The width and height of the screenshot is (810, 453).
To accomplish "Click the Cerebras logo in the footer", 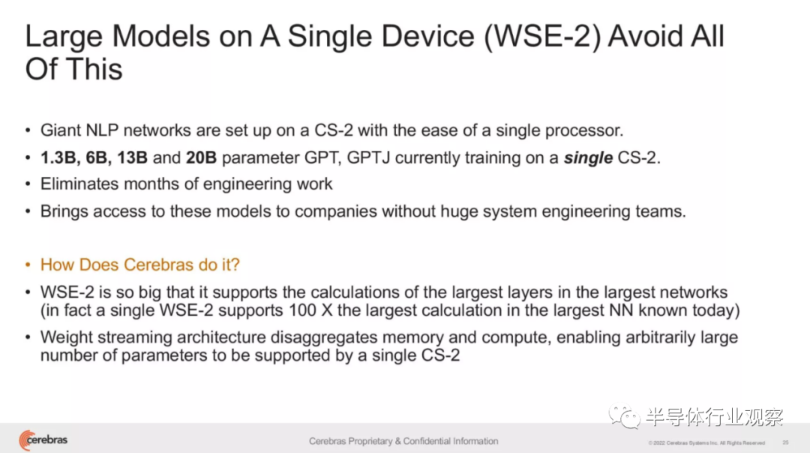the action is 43,440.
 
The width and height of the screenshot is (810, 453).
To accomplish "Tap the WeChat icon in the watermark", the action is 624,415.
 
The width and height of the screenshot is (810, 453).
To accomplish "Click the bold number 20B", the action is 201,157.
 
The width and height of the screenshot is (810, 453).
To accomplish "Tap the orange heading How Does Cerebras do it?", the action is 140,265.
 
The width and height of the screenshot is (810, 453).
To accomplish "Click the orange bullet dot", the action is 28,265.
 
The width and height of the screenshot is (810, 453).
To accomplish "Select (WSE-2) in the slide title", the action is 542,36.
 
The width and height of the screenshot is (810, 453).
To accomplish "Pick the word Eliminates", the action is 79,184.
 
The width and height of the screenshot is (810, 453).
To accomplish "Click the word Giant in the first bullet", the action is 61,130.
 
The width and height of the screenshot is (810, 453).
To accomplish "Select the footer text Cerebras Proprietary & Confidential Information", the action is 403,441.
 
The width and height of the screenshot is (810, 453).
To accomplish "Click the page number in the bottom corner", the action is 785,442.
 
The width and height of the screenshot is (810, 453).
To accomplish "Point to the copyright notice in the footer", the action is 706,442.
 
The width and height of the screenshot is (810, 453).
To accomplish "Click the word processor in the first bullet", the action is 584,130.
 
